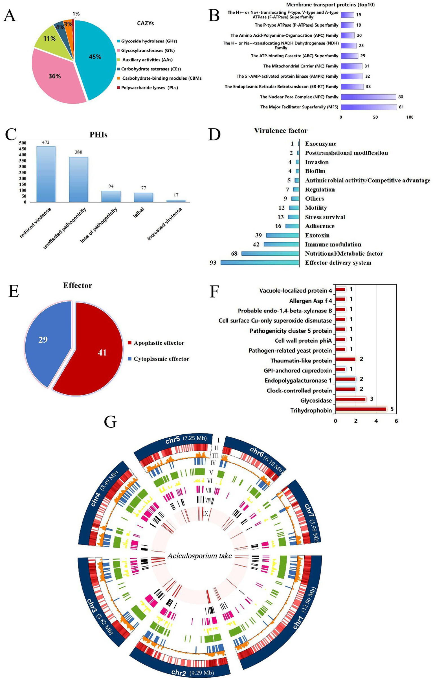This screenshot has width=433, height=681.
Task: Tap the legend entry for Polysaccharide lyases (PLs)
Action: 150,88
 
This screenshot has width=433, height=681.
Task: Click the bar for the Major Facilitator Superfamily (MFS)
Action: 369,107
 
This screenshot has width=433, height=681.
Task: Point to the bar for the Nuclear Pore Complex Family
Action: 368,97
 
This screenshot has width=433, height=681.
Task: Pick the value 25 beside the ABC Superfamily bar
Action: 363,56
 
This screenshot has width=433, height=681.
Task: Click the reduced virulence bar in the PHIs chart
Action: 46,174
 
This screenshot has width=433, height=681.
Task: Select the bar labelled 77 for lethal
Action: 144,197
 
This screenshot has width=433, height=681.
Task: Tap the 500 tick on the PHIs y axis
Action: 23,143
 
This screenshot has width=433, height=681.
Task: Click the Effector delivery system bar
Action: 260,263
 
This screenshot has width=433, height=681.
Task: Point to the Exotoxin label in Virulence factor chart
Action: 317,235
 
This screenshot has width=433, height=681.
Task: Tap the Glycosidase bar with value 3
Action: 351,399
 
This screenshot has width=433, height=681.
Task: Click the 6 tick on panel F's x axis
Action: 396,421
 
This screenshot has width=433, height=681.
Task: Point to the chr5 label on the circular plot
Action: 172,440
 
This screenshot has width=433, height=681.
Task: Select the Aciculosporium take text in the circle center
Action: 199,556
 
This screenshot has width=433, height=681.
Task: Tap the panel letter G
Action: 110,422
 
